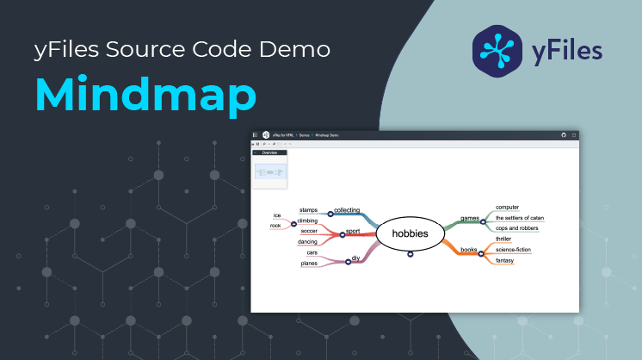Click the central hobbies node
[x=410, y=233]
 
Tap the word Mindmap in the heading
[x=145, y=95]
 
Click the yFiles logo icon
[x=498, y=47]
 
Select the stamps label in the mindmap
[x=308, y=209]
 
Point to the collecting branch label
[x=347, y=209]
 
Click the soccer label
[x=309, y=231]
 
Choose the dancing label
[x=307, y=242]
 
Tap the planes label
[x=309, y=264]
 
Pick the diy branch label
[x=355, y=258]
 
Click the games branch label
[x=470, y=218]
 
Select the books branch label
[x=468, y=250]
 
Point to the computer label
[x=508, y=207]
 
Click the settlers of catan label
[x=519, y=218]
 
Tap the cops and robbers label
[x=516, y=228]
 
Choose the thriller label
[x=503, y=239]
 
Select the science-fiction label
[x=513, y=250]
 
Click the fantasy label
[x=504, y=260]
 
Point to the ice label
[x=277, y=215]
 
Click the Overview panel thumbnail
[x=270, y=172]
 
